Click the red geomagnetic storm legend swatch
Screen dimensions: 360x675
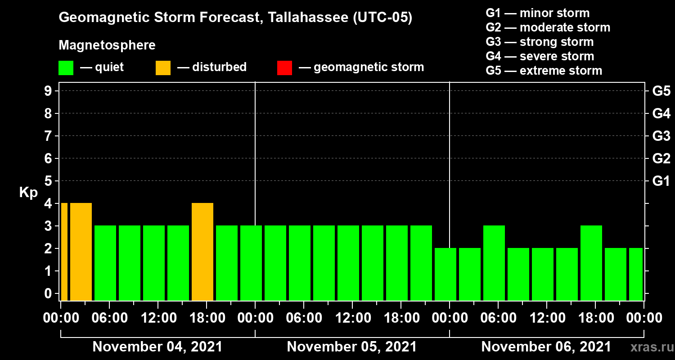tap(284, 67)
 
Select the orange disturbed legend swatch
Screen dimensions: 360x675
tap(163, 67)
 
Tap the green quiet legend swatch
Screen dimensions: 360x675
tap(66, 67)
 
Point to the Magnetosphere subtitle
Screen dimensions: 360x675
tap(107, 45)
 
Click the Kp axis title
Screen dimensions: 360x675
tap(28, 193)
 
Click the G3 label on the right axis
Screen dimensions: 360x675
tap(661, 136)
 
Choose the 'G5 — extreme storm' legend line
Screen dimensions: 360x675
tap(544, 71)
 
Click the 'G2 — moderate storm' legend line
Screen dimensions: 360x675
tap(548, 27)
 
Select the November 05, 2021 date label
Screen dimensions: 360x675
tap(351, 347)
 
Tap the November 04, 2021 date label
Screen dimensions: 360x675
tap(157, 347)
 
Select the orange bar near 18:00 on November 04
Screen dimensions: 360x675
tap(202, 252)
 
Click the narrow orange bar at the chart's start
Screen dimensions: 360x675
tap(64, 252)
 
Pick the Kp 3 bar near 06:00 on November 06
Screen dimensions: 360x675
tap(494, 263)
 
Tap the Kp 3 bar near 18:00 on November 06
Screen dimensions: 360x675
tap(591, 263)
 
